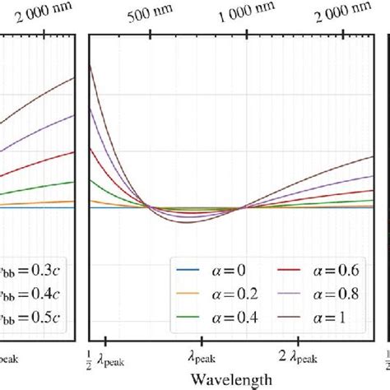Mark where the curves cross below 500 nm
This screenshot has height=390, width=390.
pos(149,207)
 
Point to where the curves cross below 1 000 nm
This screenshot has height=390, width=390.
pos(242,208)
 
